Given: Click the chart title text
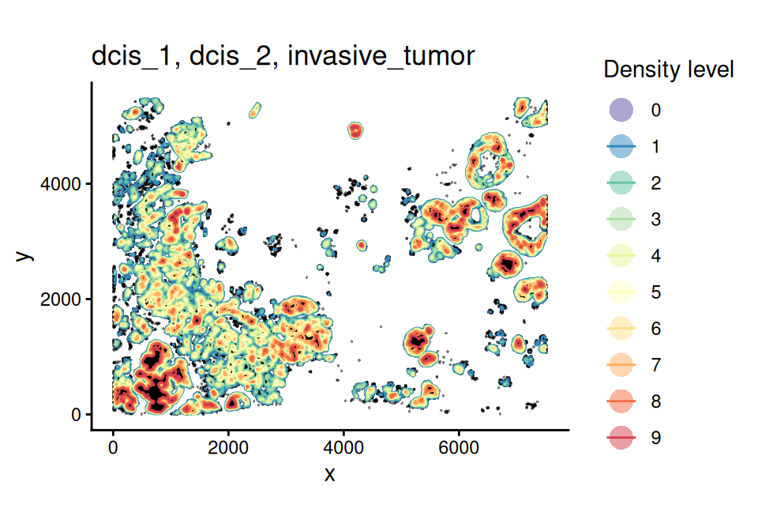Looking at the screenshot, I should [x=283, y=58].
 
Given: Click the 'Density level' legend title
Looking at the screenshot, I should [x=669, y=70].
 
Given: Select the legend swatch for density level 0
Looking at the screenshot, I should [x=621, y=110].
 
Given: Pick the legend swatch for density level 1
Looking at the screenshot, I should [x=621, y=146].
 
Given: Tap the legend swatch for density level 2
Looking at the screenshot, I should [x=621, y=183].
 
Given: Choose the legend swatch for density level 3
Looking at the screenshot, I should [x=621, y=219].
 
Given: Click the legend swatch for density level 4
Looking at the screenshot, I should [x=621, y=255].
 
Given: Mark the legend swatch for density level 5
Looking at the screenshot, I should [x=621, y=292].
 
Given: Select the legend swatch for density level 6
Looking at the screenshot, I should [x=621, y=329].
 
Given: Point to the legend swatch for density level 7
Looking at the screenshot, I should [x=621, y=365].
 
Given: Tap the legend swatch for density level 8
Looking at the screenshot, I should [x=621, y=401].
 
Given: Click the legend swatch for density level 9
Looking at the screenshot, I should [x=621, y=438].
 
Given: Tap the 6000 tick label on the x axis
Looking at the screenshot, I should [x=460, y=447].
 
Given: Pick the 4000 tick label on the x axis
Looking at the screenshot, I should [x=344, y=447].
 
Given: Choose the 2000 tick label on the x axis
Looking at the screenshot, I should [x=229, y=447].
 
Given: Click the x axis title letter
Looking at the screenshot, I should [x=330, y=474].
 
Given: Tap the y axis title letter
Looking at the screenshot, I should [x=25, y=256].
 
